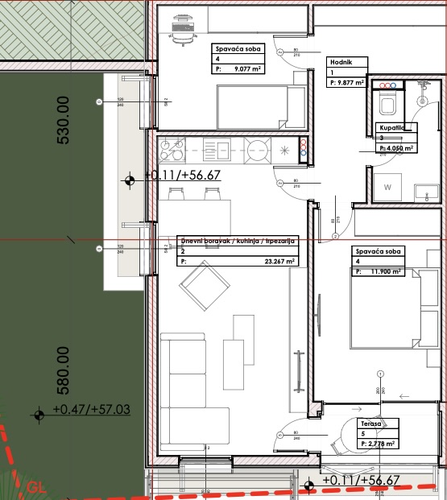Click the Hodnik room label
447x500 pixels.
point(339,62)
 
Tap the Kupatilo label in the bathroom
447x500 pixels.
point(395,128)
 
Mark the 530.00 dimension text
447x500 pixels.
point(64,121)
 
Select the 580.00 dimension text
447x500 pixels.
point(64,370)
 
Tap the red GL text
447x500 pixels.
point(35,487)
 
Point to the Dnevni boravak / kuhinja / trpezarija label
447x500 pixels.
point(238,241)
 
